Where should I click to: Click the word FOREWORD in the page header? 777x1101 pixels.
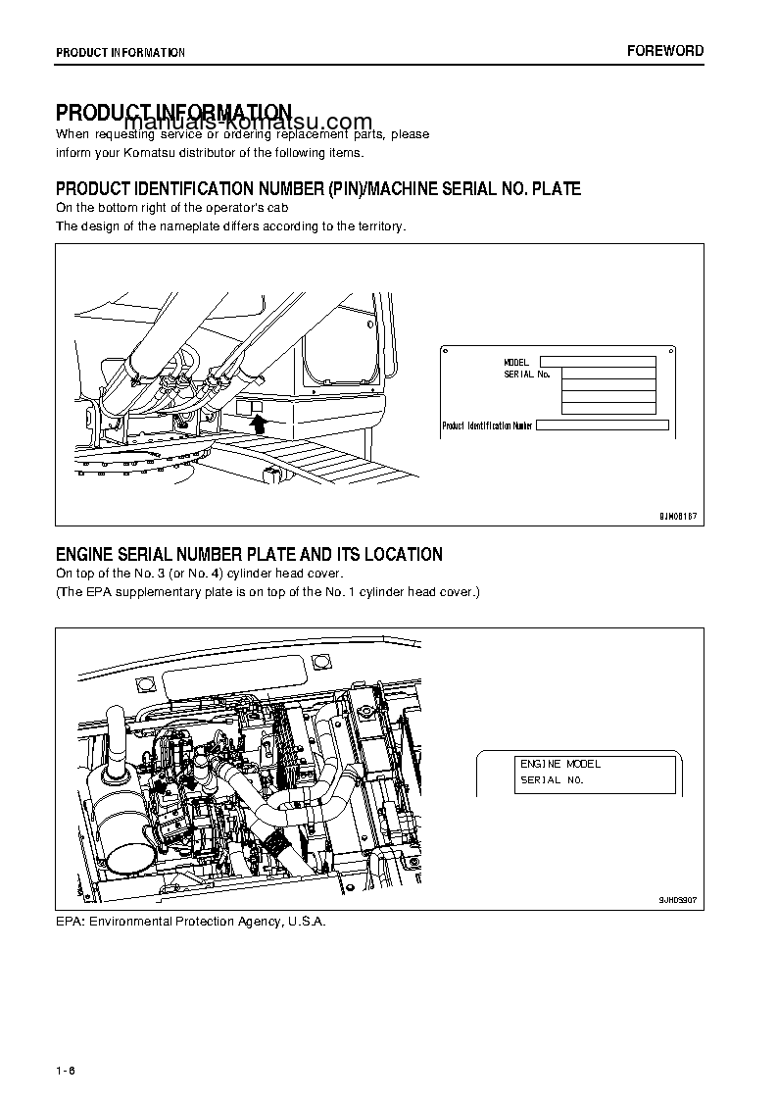[664, 51]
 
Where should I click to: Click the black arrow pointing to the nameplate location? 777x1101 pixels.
[259, 423]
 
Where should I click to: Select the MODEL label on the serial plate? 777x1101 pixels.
[516, 363]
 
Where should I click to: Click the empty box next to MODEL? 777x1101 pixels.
[597, 362]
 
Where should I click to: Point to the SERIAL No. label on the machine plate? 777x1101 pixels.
[527, 375]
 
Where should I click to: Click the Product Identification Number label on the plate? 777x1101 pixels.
[487, 425]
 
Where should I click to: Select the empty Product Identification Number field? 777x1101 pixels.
[603, 425]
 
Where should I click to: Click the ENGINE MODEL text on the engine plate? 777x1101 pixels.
[560, 764]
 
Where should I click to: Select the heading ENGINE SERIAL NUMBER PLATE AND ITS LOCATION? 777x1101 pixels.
[249, 555]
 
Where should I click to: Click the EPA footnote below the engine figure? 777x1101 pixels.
[190, 922]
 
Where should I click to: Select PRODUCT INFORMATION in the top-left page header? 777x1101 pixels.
[121, 52]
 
